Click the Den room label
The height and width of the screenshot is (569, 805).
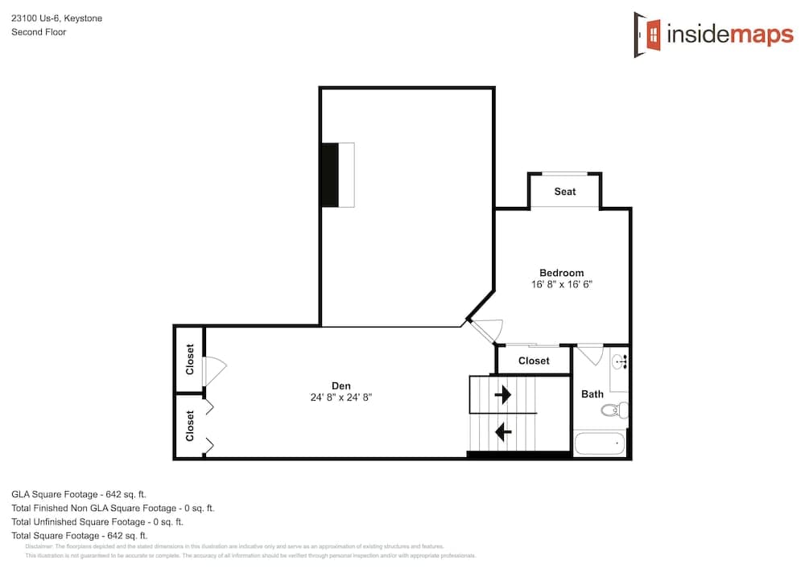coord(341,386)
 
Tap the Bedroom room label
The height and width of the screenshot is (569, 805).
coord(561,273)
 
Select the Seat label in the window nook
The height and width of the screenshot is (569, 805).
coord(564,192)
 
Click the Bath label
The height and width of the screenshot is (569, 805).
coord(592,394)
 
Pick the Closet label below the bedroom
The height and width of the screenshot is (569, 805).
coord(534,361)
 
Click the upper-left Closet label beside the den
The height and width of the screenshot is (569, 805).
coord(190,360)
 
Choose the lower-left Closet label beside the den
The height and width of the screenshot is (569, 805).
coord(190,426)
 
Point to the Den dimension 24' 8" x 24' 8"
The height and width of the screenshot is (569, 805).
coord(341,398)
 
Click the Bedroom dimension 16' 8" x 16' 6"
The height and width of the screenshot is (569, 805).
coord(561,285)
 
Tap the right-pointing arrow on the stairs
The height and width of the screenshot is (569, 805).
coord(503,394)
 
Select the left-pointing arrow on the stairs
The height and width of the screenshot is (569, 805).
coord(503,432)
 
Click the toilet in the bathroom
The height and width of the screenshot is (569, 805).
coord(614,410)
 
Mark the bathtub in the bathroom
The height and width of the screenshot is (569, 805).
coord(600,443)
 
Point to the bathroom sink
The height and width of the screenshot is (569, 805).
coord(620,363)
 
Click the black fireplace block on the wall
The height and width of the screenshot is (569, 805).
coord(330,175)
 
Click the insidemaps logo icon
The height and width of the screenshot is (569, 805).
coord(648,34)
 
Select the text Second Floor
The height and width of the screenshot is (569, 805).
coord(39,32)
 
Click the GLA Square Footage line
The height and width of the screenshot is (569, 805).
coord(78,494)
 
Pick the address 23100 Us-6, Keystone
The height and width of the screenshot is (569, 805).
coord(56,18)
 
